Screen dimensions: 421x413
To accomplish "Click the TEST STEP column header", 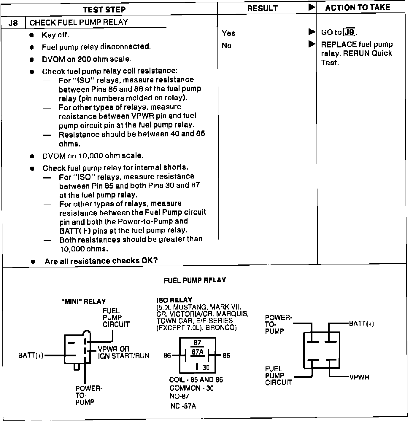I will pyautogui.click(x=104, y=9).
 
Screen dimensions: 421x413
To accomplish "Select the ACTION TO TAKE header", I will pyautogui.click(x=358, y=8).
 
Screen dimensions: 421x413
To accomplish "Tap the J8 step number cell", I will pyautogui.click(x=13, y=23).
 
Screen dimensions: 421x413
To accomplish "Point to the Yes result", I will pyautogui.click(x=228, y=33).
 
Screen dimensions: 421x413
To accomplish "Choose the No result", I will pyautogui.click(x=227, y=46).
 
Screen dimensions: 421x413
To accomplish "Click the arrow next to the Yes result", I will pyautogui.click(x=312, y=32).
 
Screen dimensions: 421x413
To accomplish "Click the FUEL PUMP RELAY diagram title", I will pyautogui.click(x=195, y=280).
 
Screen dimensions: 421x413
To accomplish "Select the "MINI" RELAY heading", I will pyautogui.click(x=83, y=302).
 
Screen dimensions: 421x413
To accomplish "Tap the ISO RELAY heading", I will pyautogui.click(x=174, y=300).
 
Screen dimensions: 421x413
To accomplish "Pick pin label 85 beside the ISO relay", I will pyautogui.click(x=226, y=355).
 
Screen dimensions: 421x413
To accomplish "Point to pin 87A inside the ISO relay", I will pyautogui.click(x=197, y=352).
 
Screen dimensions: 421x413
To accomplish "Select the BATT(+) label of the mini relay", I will pyautogui.click(x=31, y=355).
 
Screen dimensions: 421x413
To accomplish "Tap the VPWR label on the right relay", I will pyautogui.click(x=359, y=377).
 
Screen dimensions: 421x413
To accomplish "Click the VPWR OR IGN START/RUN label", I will pyautogui.click(x=123, y=352).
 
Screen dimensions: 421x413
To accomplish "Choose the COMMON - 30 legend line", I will pyautogui.click(x=191, y=388).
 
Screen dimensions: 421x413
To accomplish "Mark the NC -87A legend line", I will pyautogui.click(x=183, y=406).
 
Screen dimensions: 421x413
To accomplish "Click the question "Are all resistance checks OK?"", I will pyautogui.click(x=101, y=261).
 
